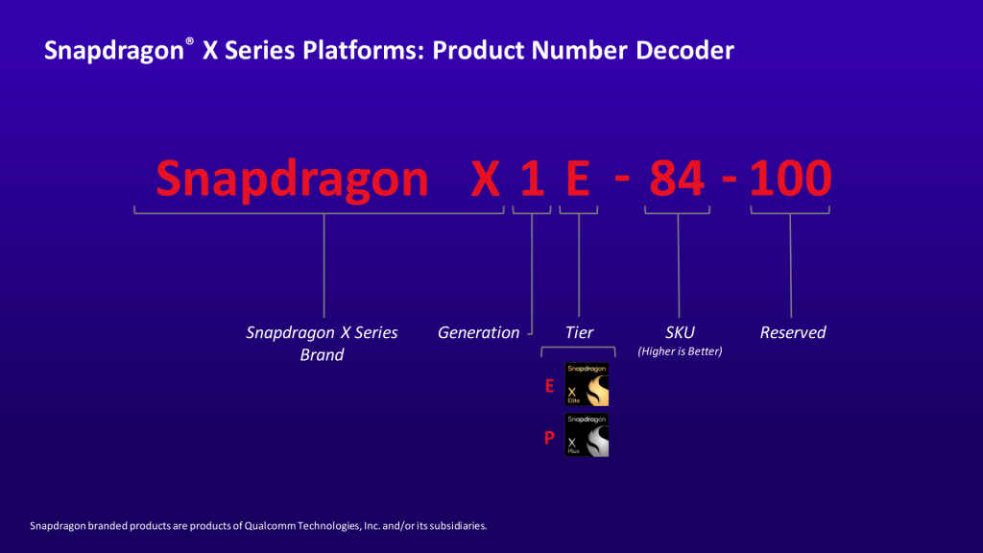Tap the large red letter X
pos(486,179)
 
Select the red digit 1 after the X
pos(531,179)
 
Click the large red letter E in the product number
pos(578,179)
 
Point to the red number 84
pos(677,179)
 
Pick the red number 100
pos(790,179)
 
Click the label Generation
pos(478,332)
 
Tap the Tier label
pos(579,332)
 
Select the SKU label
pos(679,332)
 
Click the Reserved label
pos(792,332)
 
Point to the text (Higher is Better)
pos(679,351)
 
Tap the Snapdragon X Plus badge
pos(587,435)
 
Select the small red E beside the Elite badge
pos(549,387)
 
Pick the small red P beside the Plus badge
pos(549,438)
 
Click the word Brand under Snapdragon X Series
pos(322,354)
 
